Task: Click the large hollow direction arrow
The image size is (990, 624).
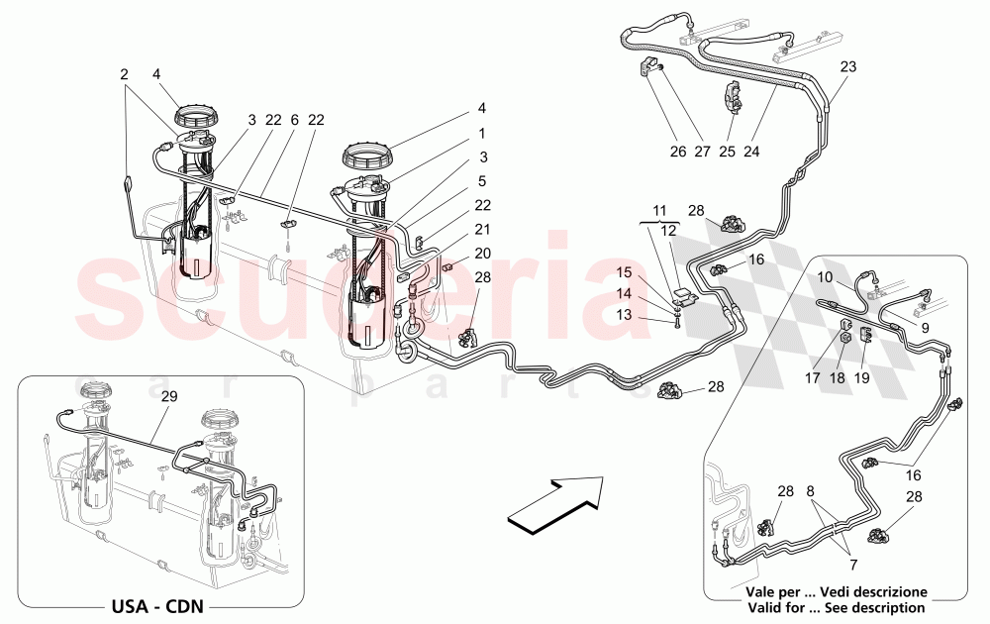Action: [x=557, y=500]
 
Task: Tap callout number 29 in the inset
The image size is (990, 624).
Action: [x=169, y=396]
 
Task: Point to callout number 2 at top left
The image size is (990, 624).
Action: [x=125, y=73]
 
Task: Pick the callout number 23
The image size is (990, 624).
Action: [x=848, y=67]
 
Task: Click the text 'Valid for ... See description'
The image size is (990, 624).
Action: [x=837, y=607]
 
